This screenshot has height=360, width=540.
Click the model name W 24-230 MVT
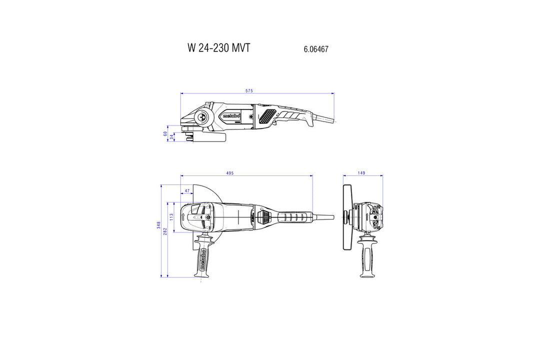click(218, 48)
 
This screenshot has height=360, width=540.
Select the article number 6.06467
click(315, 49)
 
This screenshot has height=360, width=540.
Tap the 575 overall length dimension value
click(249, 90)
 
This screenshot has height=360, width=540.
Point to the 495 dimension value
click(229, 173)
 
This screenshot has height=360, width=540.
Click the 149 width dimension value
click(361, 173)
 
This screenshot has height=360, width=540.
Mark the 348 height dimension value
click(158, 225)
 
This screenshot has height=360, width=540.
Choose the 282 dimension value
click(164, 232)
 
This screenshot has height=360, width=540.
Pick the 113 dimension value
click(171, 217)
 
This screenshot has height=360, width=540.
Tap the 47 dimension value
click(187, 191)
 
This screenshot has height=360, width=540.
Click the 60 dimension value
click(165, 133)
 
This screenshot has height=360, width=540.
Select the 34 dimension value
click(171, 136)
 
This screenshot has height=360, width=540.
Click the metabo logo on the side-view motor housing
click(231, 116)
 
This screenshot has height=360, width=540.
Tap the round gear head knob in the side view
click(204, 118)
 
